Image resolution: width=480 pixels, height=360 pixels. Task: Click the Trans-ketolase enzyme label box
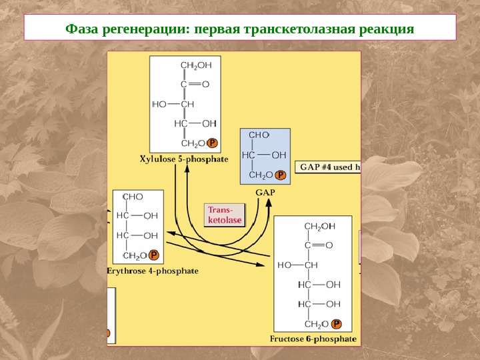(224, 215)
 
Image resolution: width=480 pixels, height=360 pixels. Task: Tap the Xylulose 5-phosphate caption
(184, 159)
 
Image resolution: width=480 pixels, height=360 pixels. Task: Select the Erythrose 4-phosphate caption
(153, 271)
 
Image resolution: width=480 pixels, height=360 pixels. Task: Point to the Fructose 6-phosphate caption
(313, 339)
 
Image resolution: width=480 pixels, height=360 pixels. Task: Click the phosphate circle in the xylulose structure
(212, 143)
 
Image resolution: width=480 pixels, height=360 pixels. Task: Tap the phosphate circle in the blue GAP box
(281, 175)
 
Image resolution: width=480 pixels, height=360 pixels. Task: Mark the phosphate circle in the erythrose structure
(154, 255)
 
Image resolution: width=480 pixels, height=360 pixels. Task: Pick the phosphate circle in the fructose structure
(337, 324)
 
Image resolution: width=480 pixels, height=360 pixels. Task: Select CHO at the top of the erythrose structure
(133, 197)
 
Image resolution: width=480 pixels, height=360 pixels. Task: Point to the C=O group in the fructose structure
(318, 245)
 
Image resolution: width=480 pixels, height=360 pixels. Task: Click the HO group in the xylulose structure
(160, 104)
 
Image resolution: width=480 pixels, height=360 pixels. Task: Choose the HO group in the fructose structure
(285, 265)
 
